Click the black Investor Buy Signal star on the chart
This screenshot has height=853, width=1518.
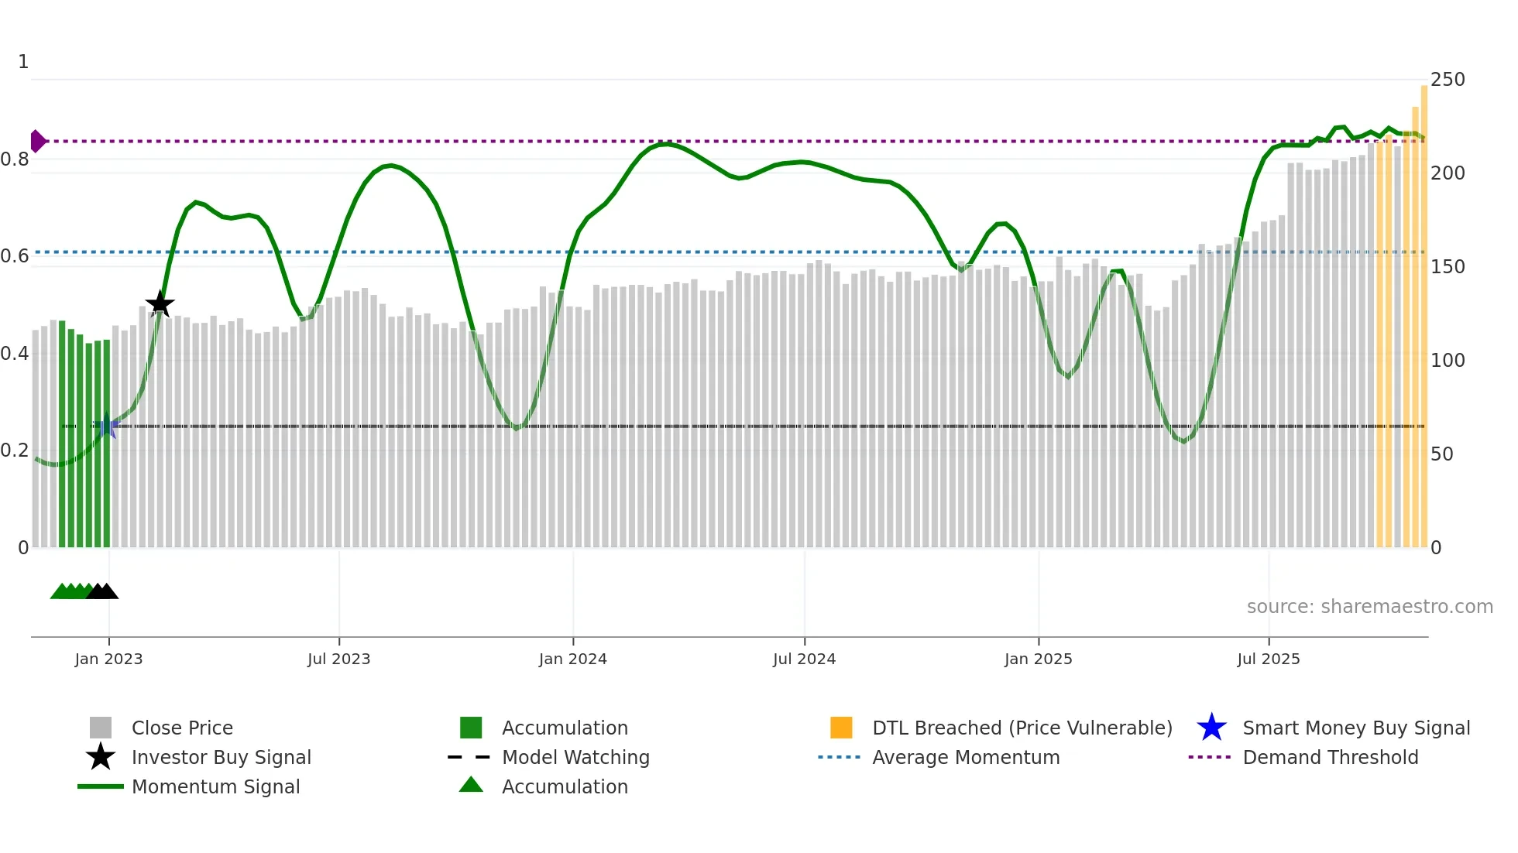160,304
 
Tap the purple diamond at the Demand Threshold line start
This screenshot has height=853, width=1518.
37,141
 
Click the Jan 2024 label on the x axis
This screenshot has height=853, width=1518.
572,659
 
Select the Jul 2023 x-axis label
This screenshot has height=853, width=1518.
338,659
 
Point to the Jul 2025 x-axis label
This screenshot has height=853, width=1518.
1268,659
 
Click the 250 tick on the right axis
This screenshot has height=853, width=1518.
1447,80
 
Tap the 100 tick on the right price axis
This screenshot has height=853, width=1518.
1447,361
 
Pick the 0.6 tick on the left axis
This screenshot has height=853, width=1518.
15,256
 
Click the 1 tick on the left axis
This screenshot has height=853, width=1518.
23,62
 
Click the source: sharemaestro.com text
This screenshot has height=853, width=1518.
1369,607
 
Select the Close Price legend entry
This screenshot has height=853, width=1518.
182,728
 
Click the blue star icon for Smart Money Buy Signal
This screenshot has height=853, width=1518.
1211,728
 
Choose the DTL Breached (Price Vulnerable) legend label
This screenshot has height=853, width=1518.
1022,728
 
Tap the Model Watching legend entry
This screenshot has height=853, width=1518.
575,758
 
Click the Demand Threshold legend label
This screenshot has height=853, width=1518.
1330,758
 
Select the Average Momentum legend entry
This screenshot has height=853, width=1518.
965,758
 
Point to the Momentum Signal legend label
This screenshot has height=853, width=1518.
215,787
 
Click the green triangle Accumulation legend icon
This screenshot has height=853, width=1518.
471,785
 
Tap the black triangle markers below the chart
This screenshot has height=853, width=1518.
102,591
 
